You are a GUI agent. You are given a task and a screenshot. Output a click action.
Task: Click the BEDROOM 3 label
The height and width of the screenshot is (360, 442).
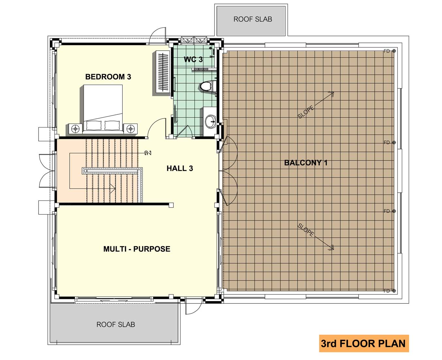pyautogui.click(x=108, y=77)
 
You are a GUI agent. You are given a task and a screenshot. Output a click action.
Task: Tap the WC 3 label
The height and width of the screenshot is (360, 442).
pyautogui.click(x=193, y=60)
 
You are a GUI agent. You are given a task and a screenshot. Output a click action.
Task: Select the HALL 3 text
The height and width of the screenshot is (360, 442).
pyautogui.click(x=180, y=168)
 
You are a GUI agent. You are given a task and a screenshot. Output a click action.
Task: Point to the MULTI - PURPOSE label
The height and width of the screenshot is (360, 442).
pyautogui.click(x=137, y=249)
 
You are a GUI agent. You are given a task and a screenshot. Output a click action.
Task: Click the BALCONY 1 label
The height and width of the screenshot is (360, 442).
pyautogui.click(x=306, y=163)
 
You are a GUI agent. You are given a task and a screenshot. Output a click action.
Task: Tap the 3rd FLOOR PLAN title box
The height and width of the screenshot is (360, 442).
pyautogui.click(x=364, y=344)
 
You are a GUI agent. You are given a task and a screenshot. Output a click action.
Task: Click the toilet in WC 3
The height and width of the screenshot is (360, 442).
pyautogui.click(x=208, y=86)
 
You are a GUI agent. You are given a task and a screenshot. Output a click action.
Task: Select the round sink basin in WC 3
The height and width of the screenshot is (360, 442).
pyautogui.click(x=210, y=121)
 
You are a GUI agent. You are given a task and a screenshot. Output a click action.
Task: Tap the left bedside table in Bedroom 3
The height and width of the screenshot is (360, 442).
pyautogui.click(x=75, y=129)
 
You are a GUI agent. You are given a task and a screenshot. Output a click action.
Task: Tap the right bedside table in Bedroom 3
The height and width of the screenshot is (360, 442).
pyautogui.click(x=131, y=129)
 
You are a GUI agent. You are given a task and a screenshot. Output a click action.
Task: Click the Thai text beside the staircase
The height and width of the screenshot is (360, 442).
pyautogui.click(x=148, y=153)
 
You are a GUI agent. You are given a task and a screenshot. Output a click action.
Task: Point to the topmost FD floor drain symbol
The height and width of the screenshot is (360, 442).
pyautogui.click(x=394, y=51)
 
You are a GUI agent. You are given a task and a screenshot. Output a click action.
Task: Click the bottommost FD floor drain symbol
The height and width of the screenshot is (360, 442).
pyautogui.click(x=394, y=291)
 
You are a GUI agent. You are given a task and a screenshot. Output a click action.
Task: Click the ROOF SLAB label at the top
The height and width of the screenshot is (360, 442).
pyautogui.click(x=253, y=19)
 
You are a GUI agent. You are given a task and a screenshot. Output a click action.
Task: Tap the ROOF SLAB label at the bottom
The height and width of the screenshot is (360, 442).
pyautogui.click(x=116, y=324)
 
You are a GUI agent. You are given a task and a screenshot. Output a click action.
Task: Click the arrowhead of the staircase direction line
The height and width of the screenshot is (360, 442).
pyautogui.click(x=113, y=188)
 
